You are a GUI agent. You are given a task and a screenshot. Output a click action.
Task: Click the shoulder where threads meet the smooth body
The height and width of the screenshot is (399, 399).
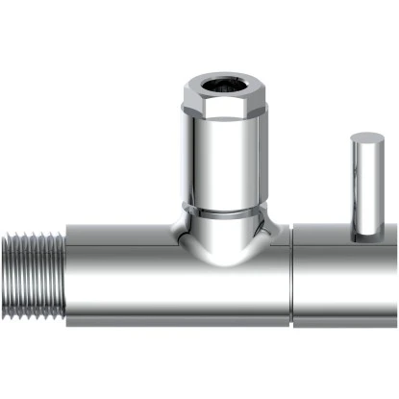coord(65,274)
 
